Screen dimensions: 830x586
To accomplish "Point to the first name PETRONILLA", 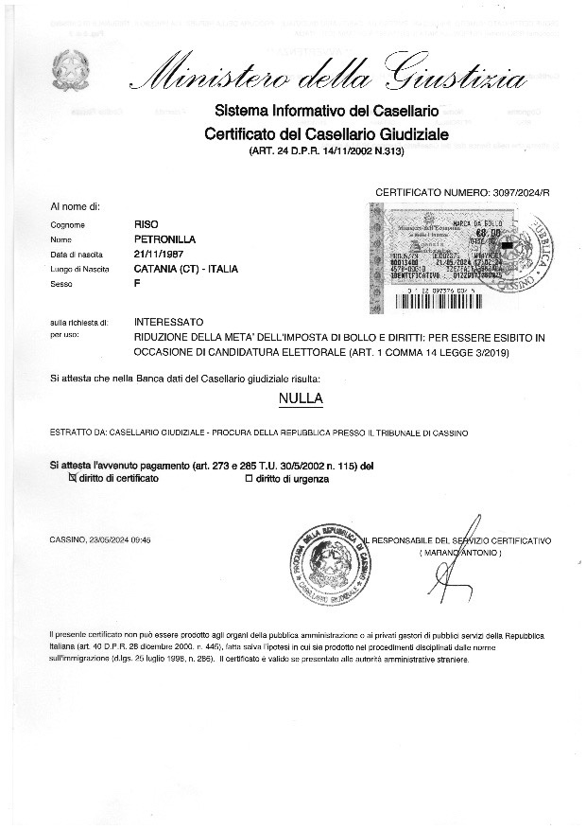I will [x=166, y=239].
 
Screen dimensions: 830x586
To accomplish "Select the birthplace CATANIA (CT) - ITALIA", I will [x=186, y=269].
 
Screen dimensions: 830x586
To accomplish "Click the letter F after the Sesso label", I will [x=138, y=283].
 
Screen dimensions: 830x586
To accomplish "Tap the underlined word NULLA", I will [x=301, y=398].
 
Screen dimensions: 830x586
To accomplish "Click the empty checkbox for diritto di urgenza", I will [x=249, y=479].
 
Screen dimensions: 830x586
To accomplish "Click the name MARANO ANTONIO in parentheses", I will [x=459, y=552].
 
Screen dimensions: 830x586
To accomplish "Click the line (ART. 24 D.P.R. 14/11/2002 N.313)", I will [x=325, y=151].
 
